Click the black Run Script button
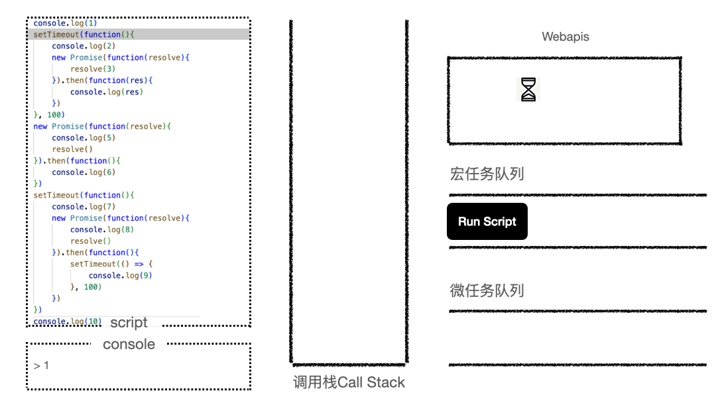[x=487, y=221]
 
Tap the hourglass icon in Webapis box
[x=528, y=89]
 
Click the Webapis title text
[x=565, y=36]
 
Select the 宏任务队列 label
[x=487, y=174]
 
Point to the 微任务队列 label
[x=487, y=290]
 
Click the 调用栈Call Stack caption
[x=349, y=382]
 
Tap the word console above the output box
[x=129, y=344]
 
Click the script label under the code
[x=129, y=323]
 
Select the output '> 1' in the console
[x=41, y=365]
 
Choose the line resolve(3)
[x=93, y=69]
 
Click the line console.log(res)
[x=106, y=92]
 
